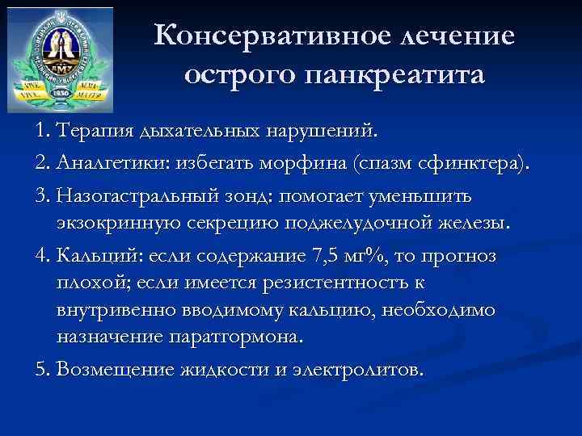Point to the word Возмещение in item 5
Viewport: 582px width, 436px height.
pos(115,369)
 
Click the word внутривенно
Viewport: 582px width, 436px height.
pos(115,309)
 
